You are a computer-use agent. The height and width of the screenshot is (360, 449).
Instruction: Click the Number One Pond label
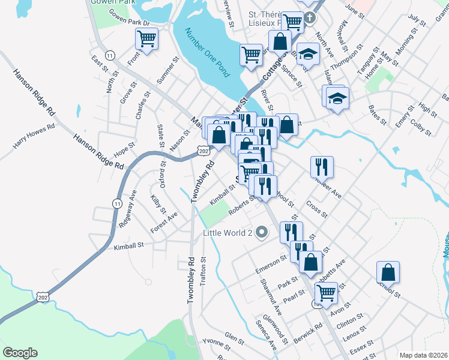pos(208,53)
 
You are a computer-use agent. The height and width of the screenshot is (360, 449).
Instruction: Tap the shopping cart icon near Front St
pos(146,40)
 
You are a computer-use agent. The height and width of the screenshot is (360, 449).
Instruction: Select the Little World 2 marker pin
pos(261,232)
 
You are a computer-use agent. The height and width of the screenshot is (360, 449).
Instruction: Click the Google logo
pos(20,353)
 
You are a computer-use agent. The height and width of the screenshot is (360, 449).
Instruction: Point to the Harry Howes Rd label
pos(34,136)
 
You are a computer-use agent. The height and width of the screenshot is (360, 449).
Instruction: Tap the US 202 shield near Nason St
pos(203,151)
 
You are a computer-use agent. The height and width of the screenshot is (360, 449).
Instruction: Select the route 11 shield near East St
pos(109,55)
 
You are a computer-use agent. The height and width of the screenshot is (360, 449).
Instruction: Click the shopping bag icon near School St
pos(388,272)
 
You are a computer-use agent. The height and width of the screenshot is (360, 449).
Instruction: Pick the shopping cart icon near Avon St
pos(326,293)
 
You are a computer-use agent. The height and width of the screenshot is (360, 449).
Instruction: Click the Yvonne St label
pos(216,344)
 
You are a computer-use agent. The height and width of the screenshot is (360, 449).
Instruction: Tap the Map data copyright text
pos(423,355)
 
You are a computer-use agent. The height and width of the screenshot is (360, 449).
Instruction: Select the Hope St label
pos(124,146)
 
